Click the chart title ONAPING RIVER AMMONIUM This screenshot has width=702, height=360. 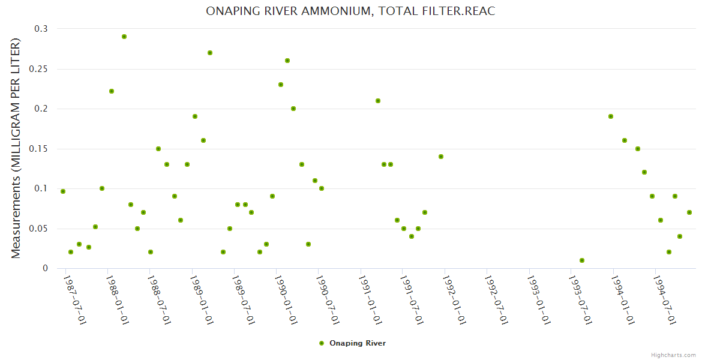click(x=350, y=11)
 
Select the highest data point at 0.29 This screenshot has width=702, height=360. click(x=124, y=37)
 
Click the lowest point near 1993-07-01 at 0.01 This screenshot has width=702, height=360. click(x=582, y=260)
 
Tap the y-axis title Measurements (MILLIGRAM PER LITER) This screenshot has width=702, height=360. click(x=16, y=148)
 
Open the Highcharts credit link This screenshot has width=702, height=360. click(x=673, y=355)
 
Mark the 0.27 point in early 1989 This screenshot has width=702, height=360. click(x=210, y=53)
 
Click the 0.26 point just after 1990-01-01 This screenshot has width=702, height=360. click(x=287, y=61)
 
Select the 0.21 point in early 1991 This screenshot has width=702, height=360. click(x=378, y=101)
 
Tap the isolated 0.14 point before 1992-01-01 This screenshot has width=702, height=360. click(x=441, y=157)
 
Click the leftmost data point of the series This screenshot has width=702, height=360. click(x=63, y=191)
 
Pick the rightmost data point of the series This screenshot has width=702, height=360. click(x=689, y=212)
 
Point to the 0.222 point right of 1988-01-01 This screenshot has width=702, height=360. click(x=112, y=91)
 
